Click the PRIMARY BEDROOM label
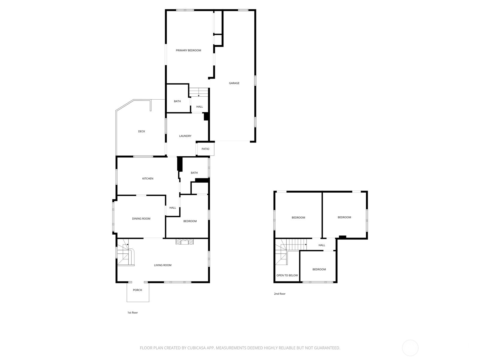click(188, 50)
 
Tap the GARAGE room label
click(234, 83)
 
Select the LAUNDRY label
click(185, 136)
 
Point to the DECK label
click(142, 131)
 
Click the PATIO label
click(205, 149)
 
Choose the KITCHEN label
click(148, 178)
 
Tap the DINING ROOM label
click(141, 219)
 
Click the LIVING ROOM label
click(163, 265)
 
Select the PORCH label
click(137, 290)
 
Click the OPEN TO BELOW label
click(287, 275)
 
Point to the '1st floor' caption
click(132, 313)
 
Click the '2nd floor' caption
click(280, 294)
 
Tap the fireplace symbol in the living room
click(185, 242)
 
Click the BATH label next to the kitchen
click(194, 173)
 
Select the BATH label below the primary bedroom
click(177, 101)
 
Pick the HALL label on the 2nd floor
click(322, 245)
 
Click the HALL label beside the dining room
click(172, 208)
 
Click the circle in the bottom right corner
click(410, 348)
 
